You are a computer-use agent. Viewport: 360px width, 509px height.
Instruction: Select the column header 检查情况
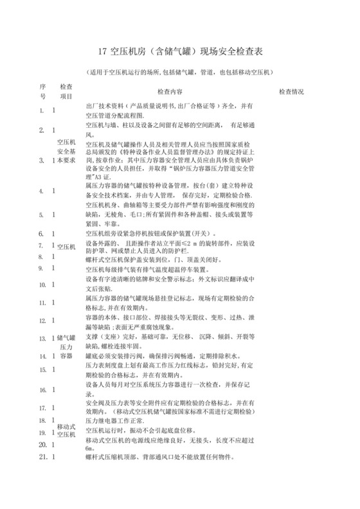coord(289,92)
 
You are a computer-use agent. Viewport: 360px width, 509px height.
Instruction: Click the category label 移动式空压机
coord(67,430)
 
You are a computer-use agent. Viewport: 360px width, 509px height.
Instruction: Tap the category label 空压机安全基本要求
coord(67,150)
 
